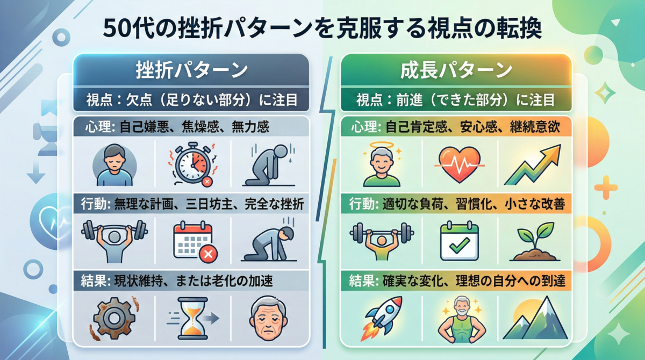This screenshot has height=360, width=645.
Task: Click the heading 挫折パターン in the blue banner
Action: tap(191, 70)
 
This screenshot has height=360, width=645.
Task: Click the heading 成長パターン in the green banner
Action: tap(456, 70)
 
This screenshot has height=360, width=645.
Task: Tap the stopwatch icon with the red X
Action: tap(192, 164)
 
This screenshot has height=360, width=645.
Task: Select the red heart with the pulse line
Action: tap(460, 164)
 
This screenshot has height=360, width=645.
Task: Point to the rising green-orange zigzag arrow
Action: tap(533, 165)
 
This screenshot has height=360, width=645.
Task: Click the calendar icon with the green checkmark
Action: tap(460, 241)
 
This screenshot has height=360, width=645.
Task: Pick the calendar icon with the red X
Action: tap(195, 242)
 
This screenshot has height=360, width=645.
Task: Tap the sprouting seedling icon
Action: tap(535, 242)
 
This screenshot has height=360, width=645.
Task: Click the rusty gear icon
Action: tap(114, 318)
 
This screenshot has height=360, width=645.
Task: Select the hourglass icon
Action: tap(192, 318)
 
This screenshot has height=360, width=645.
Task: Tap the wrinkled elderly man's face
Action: tap(268, 318)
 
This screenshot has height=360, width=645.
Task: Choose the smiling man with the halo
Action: tap(382, 164)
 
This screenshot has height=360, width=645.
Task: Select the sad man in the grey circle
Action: tap(114, 165)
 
